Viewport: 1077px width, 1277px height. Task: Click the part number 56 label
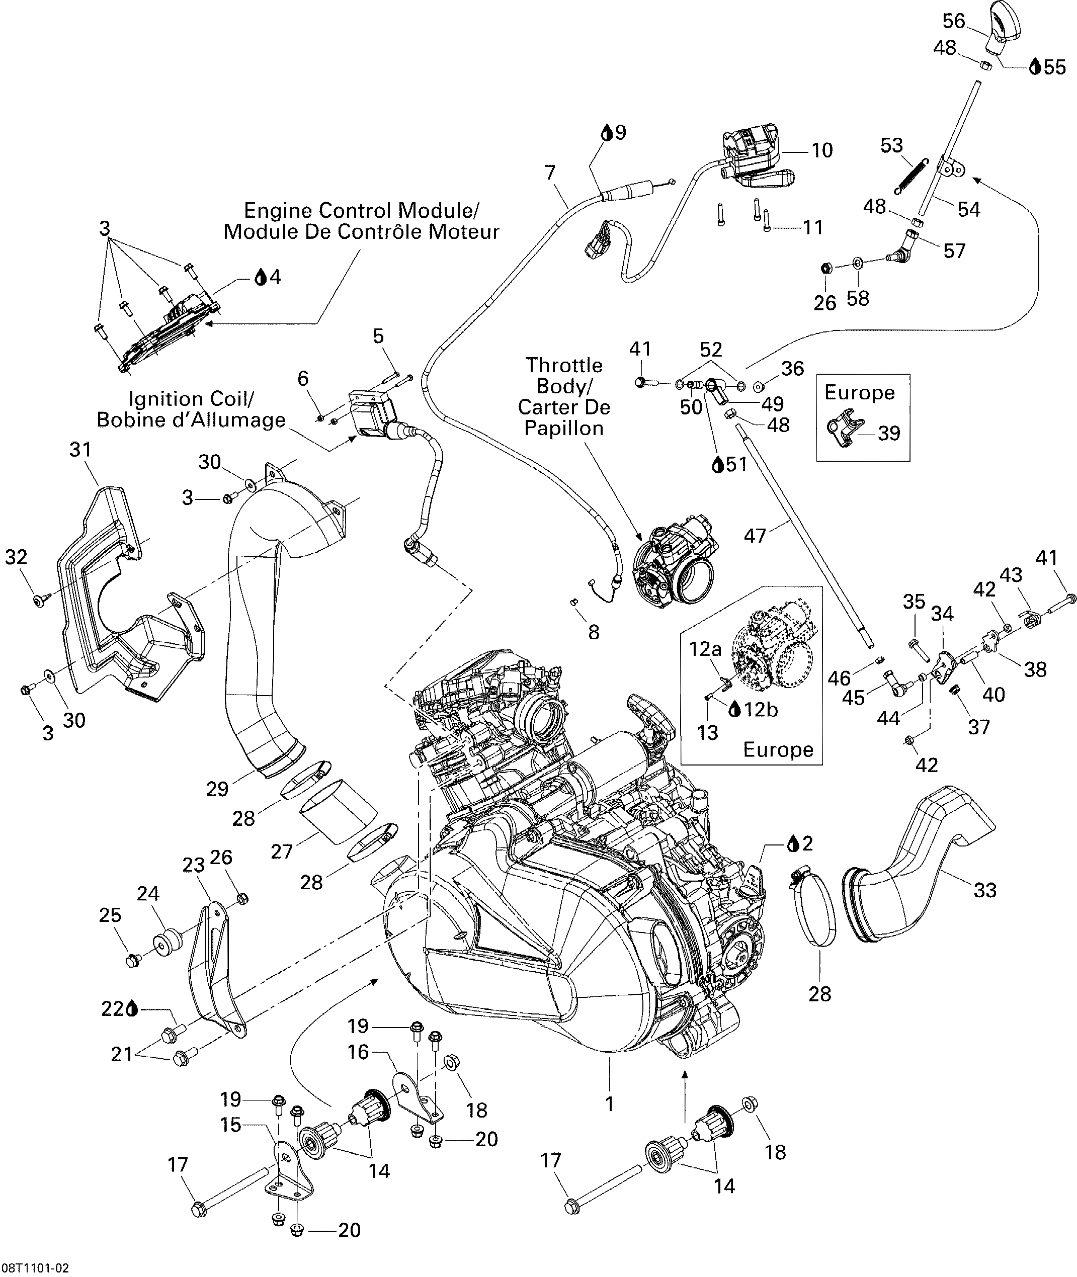pyautogui.click(x=953, y=21)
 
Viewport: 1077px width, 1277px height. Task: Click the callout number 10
pyautogui.click(x=822, y=150)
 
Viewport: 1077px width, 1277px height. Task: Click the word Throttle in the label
pyautogui.click(x=563, y=365)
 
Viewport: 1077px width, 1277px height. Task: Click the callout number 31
pyautogui.click(x=80, y=450)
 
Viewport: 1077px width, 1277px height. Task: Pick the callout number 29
pyautogui.click(x=217, y=789)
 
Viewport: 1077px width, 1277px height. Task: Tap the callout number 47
pyautogui.click(x=755, y=536)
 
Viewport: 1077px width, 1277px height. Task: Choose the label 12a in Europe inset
pyautogui.click(x=705, y=649)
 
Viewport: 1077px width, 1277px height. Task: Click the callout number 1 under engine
pyautogui.click(x=609, y=1103)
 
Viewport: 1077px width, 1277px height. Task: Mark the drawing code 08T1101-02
pyautogui.click(x=35, y=1268)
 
